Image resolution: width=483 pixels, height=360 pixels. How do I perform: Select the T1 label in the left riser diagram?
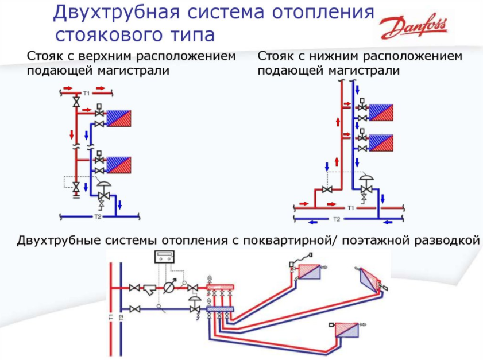[x=86, y=92]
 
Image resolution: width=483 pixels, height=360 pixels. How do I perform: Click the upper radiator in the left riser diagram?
[x=119, y=117]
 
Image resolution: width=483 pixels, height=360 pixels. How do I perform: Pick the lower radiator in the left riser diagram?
[x=119, y=164]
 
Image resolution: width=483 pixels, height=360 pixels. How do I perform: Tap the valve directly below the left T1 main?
[x=75, y=102]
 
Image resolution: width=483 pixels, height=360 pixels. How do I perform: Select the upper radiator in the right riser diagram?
[x=381, y=111]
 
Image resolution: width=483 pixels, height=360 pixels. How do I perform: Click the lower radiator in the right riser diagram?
[x=381, y=141]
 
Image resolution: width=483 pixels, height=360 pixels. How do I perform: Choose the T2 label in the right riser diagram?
[x=337, y=220]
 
